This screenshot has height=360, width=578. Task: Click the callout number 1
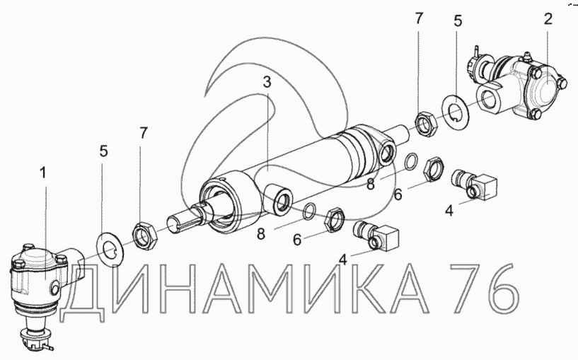(x=43, y=173)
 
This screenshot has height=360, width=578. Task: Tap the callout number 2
(x=548, y=19)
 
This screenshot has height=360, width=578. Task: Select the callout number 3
(x=267, y=82)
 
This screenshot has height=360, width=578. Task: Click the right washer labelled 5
(x=456, y=110)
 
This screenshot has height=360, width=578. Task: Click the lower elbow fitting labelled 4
(x=376, y=236)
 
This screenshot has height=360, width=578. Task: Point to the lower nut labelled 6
(x=335, y=220)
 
